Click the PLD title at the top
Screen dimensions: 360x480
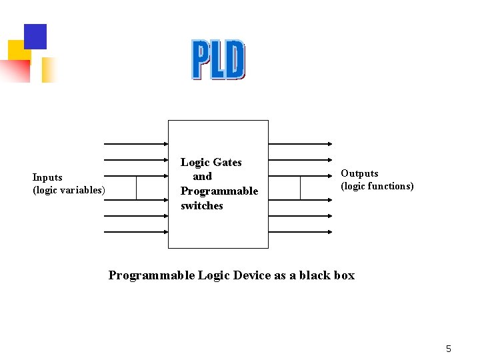(x=218, y=60)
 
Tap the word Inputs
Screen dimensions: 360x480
(x=47, y=177)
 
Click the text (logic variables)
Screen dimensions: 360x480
(x=69, y=190)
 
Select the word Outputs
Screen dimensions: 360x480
(x=359, y=173)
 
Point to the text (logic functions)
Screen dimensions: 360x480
(x=377, y=186)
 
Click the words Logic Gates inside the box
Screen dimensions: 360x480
(x=211, y=162)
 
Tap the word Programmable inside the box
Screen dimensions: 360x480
(x=219, y=191)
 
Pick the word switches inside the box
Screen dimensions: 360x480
(x=202, y=206)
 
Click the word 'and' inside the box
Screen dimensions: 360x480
(x=202, y=177)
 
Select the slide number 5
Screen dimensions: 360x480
(x=449, y=349)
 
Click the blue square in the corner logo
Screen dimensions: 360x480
(x=35, y=36)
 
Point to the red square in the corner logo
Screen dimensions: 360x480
(x=15, y=71)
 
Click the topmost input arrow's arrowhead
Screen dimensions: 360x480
(x=165, y=143)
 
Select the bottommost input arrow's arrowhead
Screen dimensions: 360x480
(x=165, y=232)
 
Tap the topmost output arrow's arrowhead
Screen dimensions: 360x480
(x=330, y=143)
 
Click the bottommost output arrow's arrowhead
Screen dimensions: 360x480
(x=330, y=232)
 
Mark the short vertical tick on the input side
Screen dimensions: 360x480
(x=136, y=188)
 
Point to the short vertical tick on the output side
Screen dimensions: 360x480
(x=300, y=188)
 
